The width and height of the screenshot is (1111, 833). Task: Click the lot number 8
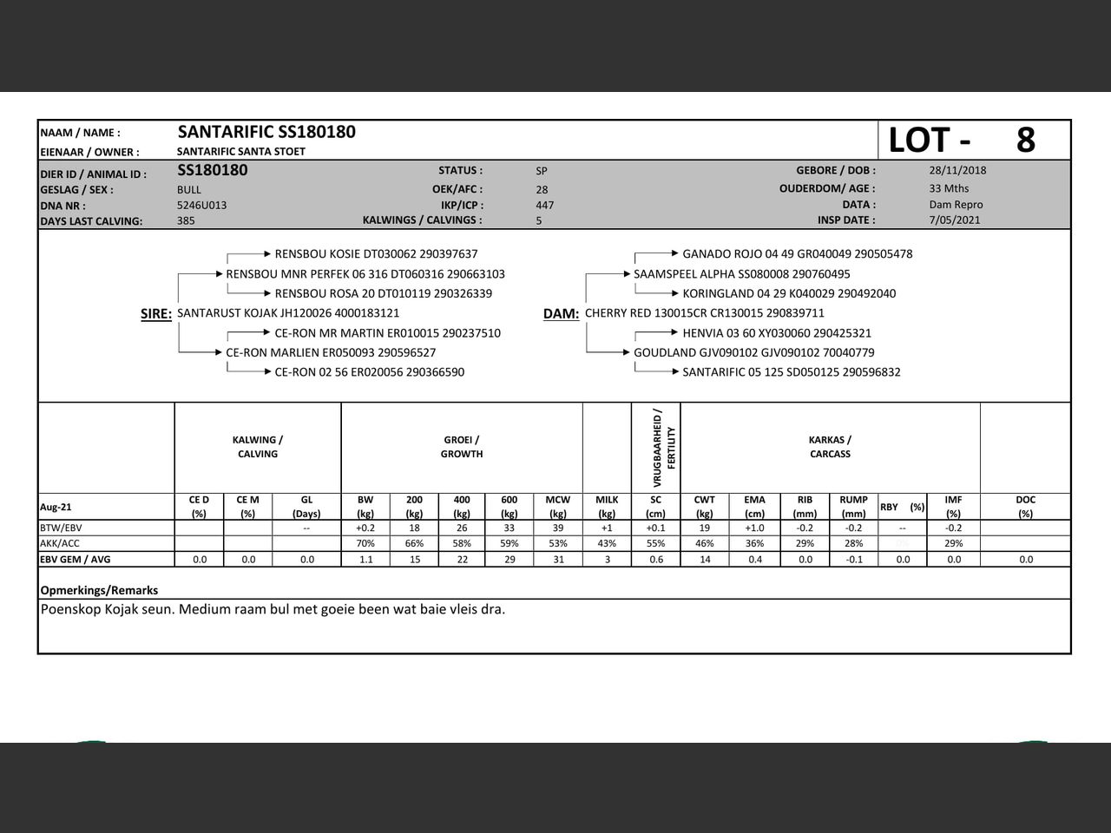1025,140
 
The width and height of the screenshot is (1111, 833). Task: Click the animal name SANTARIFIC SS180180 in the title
266,132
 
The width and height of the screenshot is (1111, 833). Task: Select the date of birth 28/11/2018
957,170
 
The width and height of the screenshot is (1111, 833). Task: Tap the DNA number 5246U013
201,206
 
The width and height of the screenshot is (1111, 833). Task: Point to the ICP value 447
544,206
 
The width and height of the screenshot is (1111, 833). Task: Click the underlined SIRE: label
156,314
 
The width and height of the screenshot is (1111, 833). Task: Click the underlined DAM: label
561,314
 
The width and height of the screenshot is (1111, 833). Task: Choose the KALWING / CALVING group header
258,447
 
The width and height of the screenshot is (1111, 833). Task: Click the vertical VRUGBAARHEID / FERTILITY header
664,447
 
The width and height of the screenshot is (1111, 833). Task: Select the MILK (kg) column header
607,506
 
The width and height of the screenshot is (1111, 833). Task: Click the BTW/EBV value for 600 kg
509,528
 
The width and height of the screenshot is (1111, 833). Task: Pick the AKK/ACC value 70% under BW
365,543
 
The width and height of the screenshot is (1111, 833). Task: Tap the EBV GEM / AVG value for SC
656,560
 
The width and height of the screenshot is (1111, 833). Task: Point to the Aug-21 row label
56,507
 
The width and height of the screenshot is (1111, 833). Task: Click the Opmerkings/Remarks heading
99,590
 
